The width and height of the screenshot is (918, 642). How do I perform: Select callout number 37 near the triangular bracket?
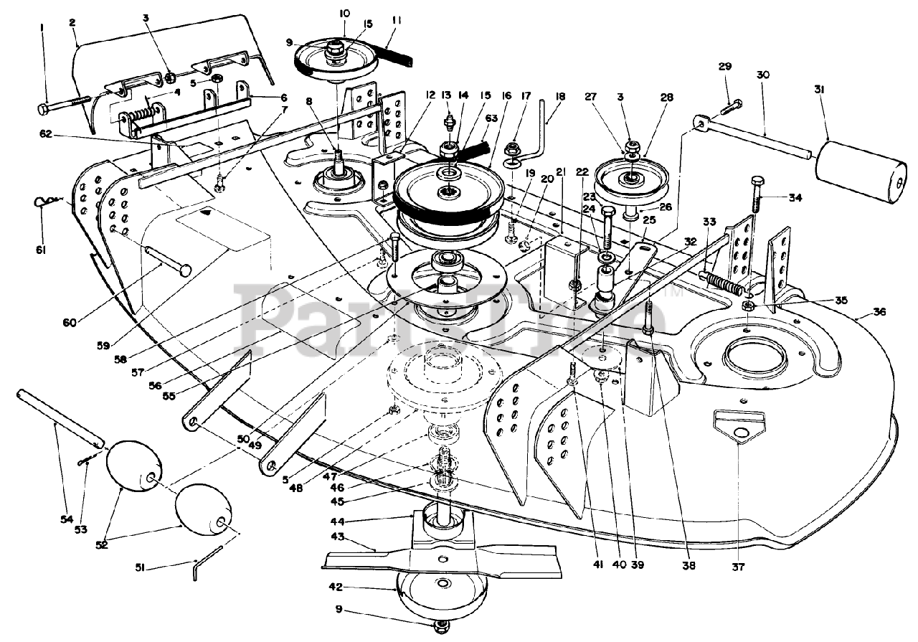pyautogui.click(x=739, y=567)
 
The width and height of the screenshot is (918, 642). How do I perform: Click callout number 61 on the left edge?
pyautogui.click(x=40, y=250)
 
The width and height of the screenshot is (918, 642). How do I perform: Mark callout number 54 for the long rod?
pyautogui.click(x=67, y=519)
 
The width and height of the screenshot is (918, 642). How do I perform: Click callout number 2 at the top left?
pyautogui.click(x=72, y=23)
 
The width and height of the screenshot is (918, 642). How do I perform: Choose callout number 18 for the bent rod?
pyautogui.click(x=560, y=94)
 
